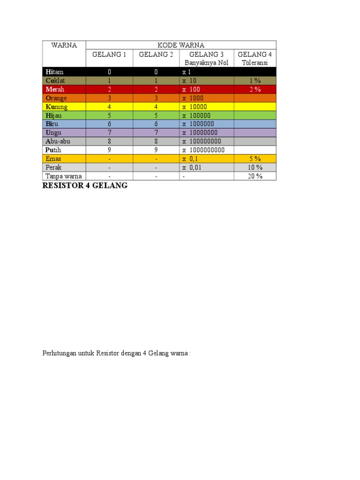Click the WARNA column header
pos(64,45)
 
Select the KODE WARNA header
pos(180,45)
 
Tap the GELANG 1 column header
pos(109,54)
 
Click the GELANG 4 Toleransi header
pos(255,58)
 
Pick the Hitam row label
pos(54,72)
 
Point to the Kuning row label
pos(57,107)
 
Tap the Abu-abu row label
pos(58,141)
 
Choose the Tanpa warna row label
pos(63,176)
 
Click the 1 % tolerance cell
pos(255,81)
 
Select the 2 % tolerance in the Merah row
pos(255,90)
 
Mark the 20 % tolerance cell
pos(255,176)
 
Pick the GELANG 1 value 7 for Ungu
pos(109,133)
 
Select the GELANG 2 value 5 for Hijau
pos(156,115)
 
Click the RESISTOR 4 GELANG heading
pos(85,186)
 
